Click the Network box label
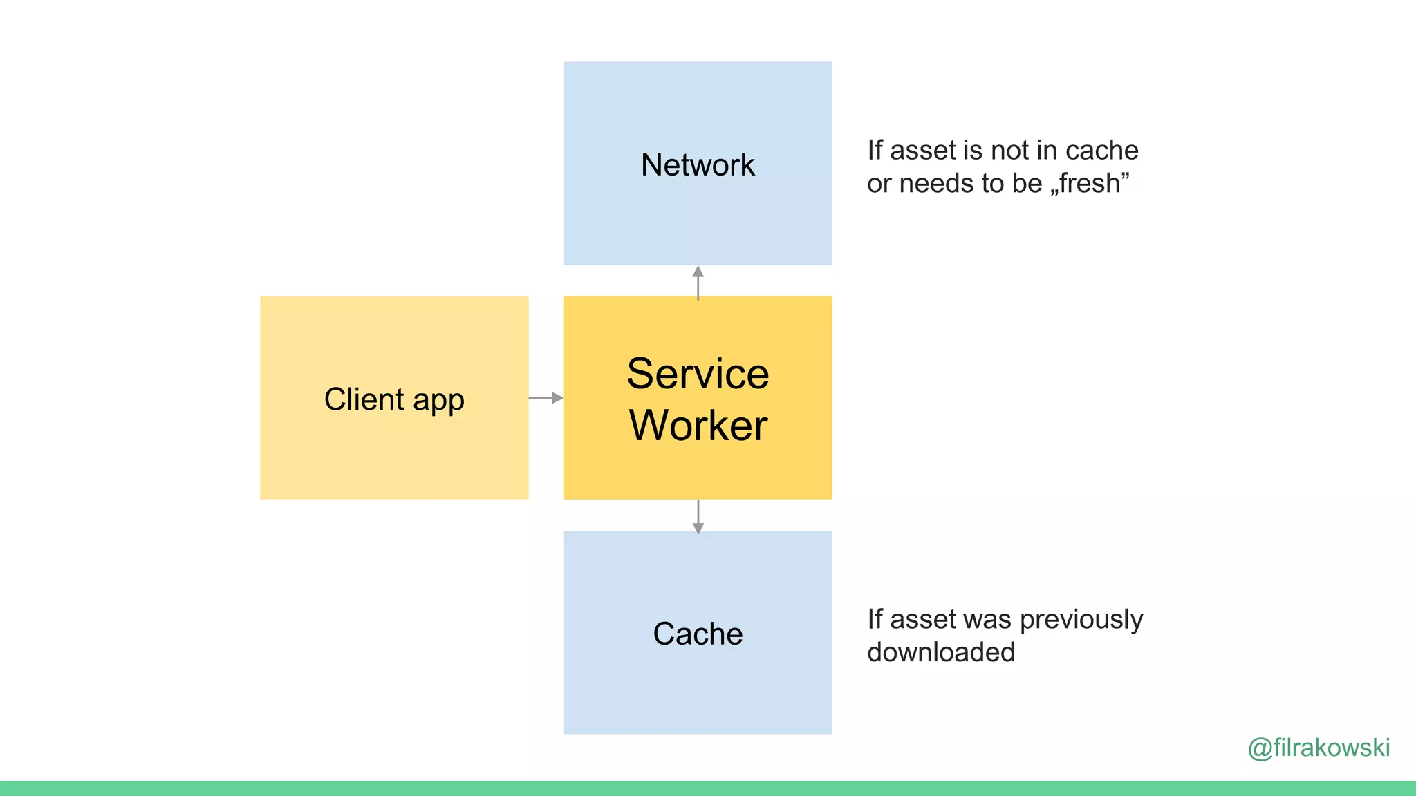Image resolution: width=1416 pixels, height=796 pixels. point(698,165)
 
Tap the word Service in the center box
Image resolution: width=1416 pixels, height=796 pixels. point(698,374)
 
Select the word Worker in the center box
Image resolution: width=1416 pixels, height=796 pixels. point(698,425)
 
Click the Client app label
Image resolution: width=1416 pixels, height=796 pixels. point(394,399)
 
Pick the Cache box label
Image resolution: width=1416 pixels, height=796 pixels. point(698,634)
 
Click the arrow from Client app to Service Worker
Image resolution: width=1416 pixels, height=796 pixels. point(546,398)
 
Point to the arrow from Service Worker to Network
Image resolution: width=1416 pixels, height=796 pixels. point(698,282)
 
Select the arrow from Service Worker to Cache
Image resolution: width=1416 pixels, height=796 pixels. point(698,516)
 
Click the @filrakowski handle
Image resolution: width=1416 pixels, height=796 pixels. point(1319,748)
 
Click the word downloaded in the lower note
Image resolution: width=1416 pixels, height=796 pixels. point(941,652)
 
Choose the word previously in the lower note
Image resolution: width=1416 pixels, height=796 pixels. point(1081,620)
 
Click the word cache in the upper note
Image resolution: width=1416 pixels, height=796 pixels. point(1102,151)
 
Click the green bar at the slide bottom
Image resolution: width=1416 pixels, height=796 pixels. point(708,788)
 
